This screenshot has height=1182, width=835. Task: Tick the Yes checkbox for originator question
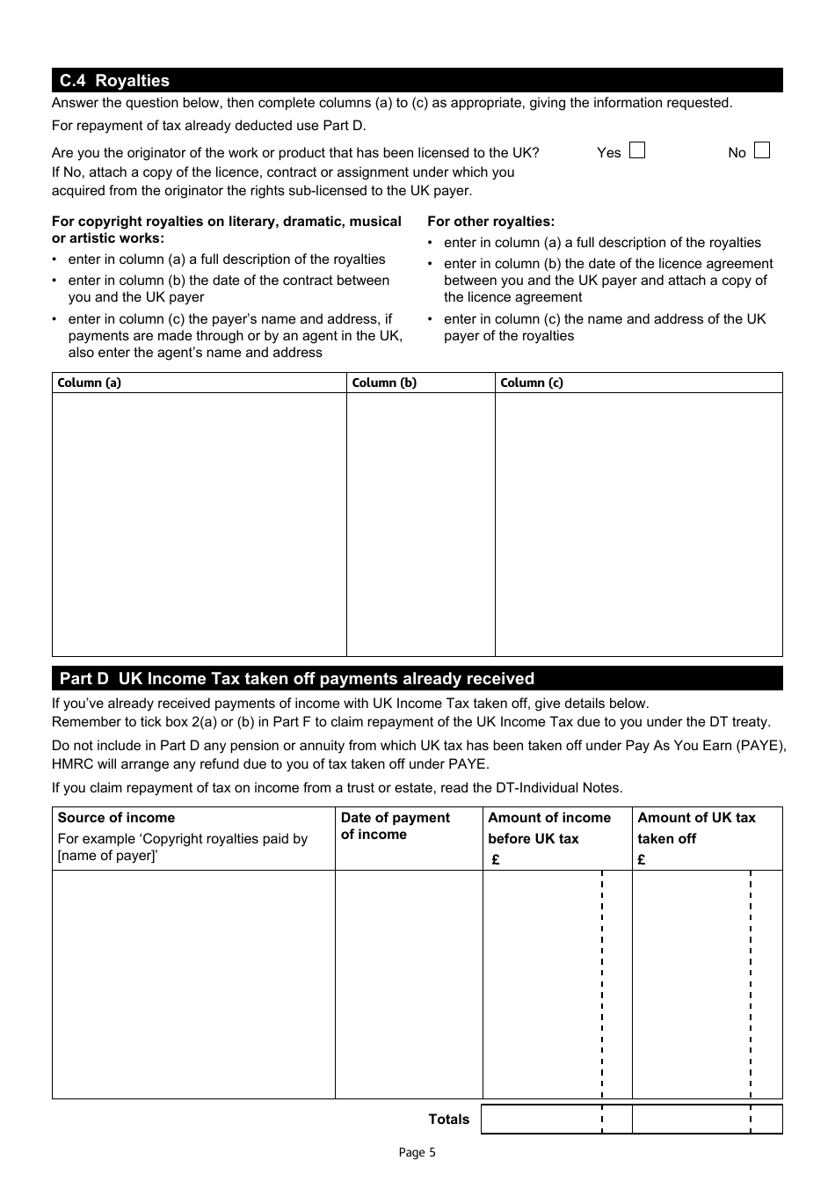tap(637, 150)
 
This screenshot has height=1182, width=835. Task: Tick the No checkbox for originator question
tap(761, 150)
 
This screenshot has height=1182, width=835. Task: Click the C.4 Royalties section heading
tap(114, 81)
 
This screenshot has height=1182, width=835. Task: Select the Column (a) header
tap(89, 383)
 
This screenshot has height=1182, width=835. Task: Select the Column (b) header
tap(384, 383)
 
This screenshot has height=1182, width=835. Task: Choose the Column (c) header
tap(532, 383)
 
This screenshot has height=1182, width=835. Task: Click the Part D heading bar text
tap(296, 679)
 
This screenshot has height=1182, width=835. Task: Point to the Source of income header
tap(116, 818)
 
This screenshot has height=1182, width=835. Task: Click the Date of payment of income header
tap(395, 826)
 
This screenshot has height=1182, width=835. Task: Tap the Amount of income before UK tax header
tap(548, 828)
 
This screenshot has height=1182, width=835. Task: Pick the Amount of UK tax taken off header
tap(696, 828)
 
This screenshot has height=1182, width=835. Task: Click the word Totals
tap(449, 1120)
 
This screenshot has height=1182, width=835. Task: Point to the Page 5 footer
tap(417, 1152)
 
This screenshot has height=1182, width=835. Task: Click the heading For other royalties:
tap(490, 222)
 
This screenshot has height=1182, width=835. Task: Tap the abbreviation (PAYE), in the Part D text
tap(761, 746)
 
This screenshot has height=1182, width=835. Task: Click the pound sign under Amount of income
tap(496, 860)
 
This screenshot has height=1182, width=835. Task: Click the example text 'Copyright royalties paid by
tap(183, 839)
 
